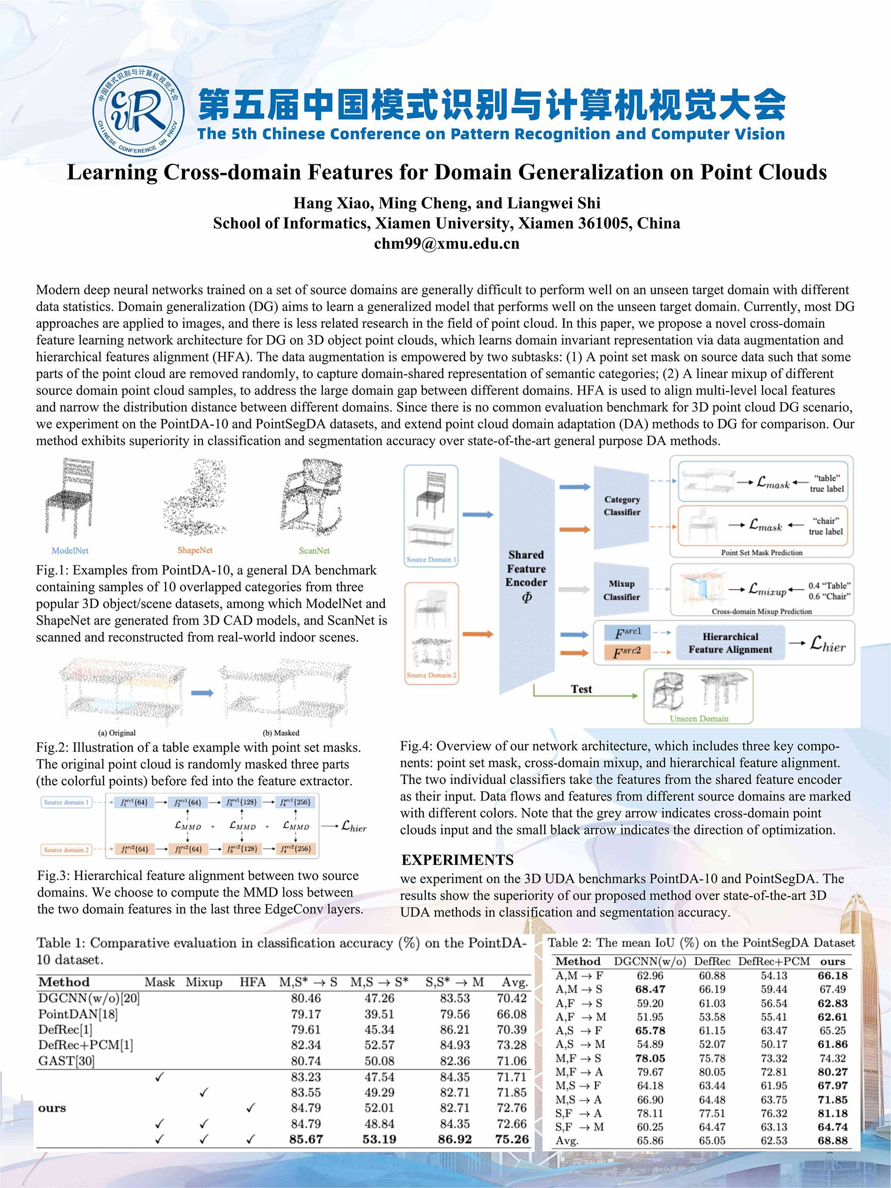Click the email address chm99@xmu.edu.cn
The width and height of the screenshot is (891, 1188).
coord(446,244)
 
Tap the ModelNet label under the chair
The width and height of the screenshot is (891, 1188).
coord(70,550)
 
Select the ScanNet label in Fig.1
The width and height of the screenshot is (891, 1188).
coord(314,550)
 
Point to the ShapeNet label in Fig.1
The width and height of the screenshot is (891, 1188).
coord(195,550)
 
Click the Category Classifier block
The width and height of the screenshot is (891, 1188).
coord(622,506)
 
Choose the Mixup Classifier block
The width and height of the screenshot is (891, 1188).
coord(621,590)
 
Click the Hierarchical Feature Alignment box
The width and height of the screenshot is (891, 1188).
coord(730,643)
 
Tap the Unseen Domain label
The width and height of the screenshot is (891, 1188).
coord(699,718)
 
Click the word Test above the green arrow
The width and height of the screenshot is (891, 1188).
coord(581,689)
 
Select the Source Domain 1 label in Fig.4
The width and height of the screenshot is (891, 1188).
coord(431,559)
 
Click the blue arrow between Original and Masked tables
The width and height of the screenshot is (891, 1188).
coord(202,693)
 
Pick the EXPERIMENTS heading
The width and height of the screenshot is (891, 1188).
coord(457,860)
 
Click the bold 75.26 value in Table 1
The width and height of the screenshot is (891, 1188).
coord(512,1139)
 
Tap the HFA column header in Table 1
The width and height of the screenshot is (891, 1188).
coord(252,982)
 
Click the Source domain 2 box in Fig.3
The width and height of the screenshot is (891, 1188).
coord(66,850)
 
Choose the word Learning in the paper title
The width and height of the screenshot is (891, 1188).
coord(112,173)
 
